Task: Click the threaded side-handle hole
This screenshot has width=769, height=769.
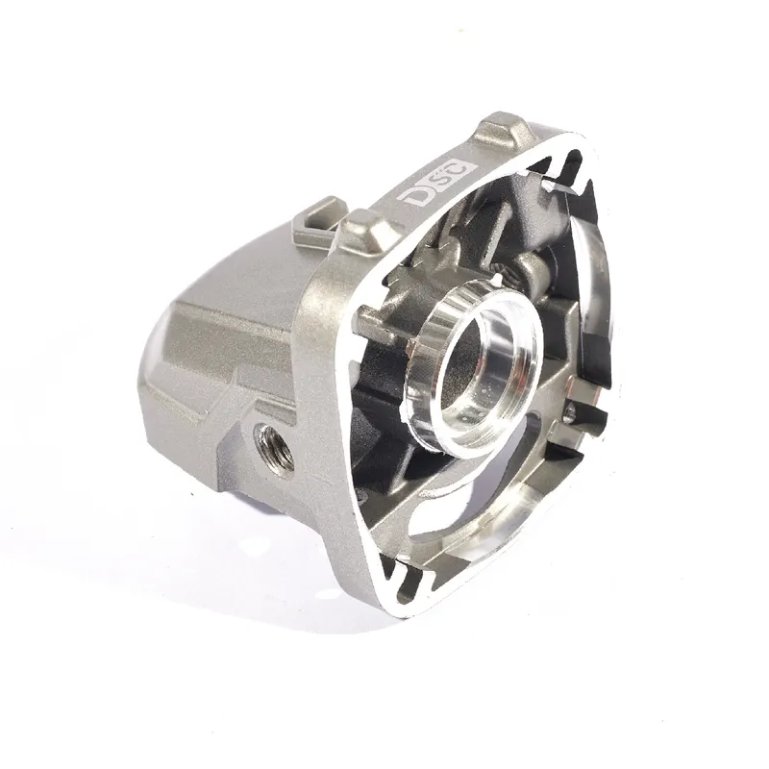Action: (274, 447)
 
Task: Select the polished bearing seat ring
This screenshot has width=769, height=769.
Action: (473, 363)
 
